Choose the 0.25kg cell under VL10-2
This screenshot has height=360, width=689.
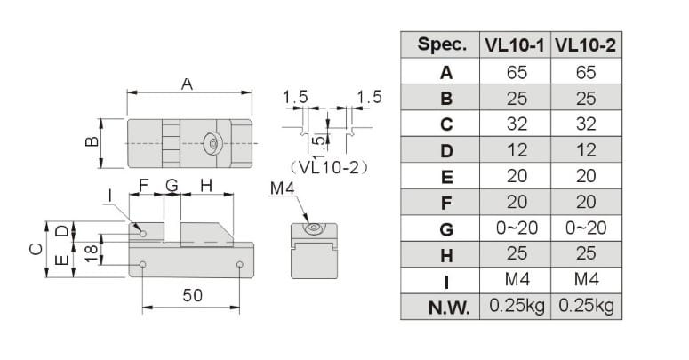586,307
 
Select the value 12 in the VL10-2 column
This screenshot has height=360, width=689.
586,150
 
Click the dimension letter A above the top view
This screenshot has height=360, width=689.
188,84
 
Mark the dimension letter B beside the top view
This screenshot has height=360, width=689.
91,143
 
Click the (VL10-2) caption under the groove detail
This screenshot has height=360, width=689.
328,166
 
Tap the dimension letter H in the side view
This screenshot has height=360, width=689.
205,186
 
